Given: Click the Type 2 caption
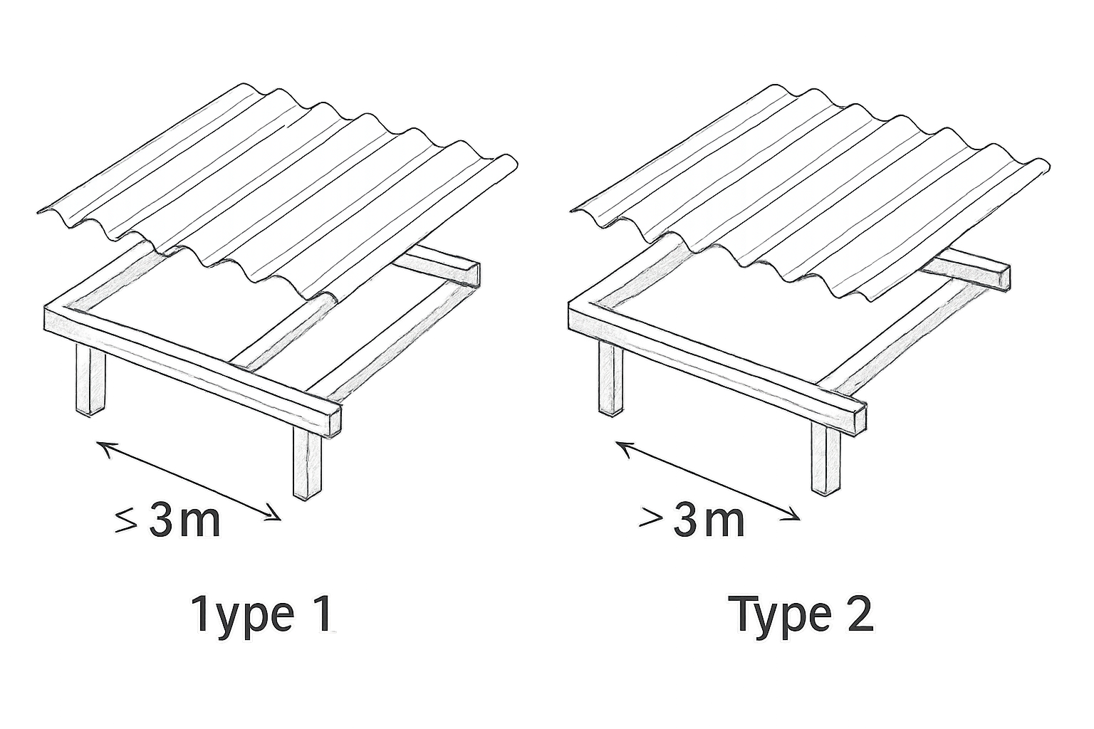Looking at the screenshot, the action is point(803,615).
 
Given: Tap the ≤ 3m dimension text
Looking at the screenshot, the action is point(167,522).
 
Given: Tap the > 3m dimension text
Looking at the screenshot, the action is point(692,522).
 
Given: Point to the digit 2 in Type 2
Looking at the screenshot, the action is point(857,614).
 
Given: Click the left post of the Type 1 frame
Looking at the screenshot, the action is point(90,380).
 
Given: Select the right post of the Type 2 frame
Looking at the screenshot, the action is point(826,459).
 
